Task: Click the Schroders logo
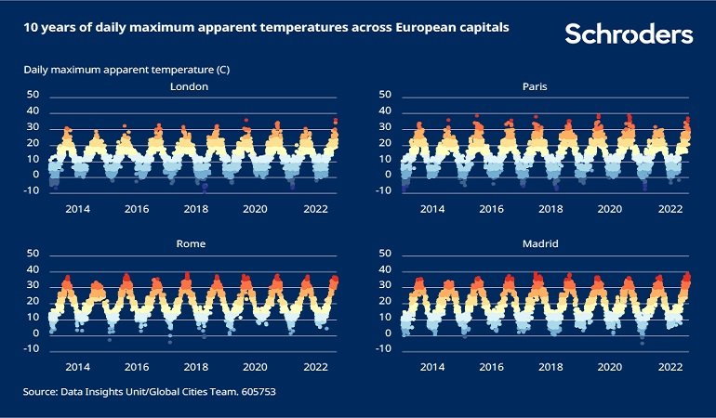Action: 629,34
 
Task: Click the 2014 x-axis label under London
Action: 78,210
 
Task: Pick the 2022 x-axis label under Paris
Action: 670,210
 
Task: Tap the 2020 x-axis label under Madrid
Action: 611,368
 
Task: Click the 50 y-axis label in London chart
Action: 33,95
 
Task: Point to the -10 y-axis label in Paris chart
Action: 382,190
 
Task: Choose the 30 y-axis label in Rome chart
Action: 33,285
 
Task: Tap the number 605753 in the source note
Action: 255,393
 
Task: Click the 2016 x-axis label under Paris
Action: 492,210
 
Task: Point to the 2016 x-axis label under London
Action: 138,210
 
